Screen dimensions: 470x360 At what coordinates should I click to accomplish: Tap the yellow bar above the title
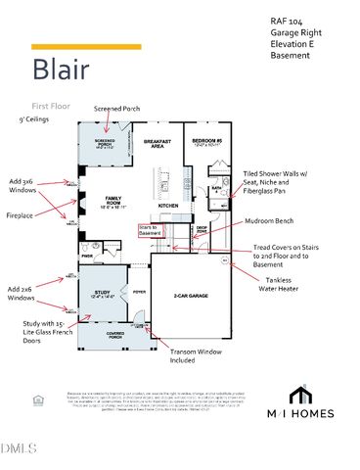86,46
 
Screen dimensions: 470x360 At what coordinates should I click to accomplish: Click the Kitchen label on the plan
169,205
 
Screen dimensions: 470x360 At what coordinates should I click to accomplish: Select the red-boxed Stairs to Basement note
150,229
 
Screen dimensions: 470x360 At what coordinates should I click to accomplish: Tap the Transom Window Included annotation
199,353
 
